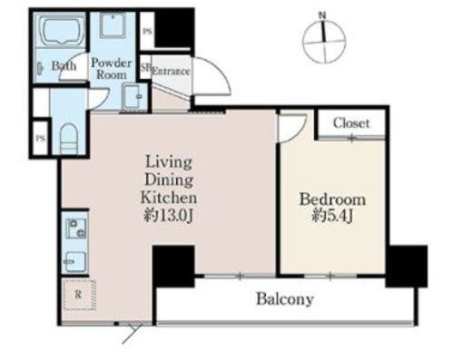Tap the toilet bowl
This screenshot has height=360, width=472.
(x=69, y=139)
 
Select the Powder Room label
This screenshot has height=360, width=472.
(x=112, y=69)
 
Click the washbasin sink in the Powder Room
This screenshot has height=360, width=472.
(x=133, y=96)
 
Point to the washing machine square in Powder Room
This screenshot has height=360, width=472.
(x=113, y=25)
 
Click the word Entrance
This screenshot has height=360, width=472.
(x=171, y=72)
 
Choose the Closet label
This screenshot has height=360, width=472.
(x=351, y=123)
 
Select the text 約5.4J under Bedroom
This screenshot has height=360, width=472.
(x=332, y=216)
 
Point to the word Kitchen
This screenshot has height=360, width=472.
(x=169, y=198)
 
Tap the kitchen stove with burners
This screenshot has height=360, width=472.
(x=76, y=229)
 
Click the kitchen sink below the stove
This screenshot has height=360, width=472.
(x=75, y=262)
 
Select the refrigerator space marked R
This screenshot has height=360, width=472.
(x=79, y=295)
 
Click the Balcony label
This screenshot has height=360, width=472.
(x=285, y=299)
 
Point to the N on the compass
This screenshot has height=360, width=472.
(x=323, y=15)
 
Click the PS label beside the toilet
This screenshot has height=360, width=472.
(x=41, y=139)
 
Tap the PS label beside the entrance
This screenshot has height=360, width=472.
(x=147, y=31)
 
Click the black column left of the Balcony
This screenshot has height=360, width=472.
(x=173, y=267)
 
